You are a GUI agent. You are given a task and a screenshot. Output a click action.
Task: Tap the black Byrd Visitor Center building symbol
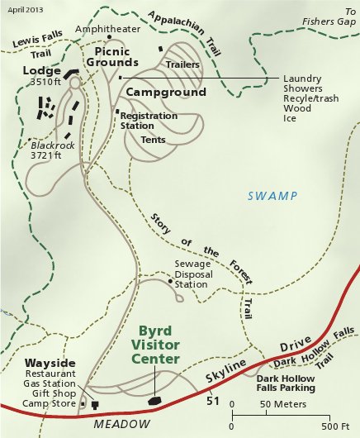pos(154,400)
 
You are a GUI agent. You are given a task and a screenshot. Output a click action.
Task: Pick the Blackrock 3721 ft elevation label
pos(46,149)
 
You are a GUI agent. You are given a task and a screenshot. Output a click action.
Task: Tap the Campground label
pos(167,93)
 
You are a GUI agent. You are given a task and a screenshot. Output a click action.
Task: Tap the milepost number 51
pos(212,401)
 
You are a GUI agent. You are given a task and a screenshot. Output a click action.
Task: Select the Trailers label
pos(182,64)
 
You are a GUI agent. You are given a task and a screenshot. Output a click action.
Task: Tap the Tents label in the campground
pos(153,140)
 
